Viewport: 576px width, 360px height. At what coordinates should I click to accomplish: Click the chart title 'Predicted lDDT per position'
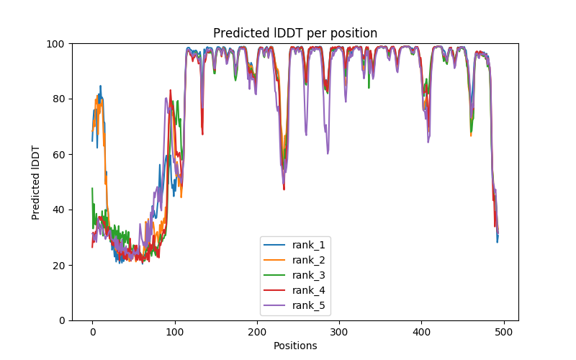pyautogui.click(x=295, y=33)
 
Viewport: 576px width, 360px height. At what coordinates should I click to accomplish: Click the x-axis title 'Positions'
pyautogui.click(x=295, y=346)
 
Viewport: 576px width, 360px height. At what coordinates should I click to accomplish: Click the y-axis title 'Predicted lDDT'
pyautogui.click(x=36, y=182)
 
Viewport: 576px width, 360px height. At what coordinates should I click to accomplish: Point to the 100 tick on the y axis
pyautogui.click(x=57, y=44)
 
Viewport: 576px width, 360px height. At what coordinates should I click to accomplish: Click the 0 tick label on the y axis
pyautogui.click(x=62, y=320)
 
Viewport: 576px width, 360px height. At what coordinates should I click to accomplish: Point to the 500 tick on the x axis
pyautogui.click(x=503, y=331)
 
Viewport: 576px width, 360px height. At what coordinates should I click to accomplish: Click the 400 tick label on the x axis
pyautogui.click(x=421, y=331)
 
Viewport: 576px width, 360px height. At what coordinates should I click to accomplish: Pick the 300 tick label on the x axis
pyautogui.click(x=339, y=331)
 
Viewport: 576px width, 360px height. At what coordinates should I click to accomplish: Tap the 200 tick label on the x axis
pyautogui.click(x=257, y=331)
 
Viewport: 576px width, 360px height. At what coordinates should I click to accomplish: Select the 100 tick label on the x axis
pyautogui.click(x=174, y=331)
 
